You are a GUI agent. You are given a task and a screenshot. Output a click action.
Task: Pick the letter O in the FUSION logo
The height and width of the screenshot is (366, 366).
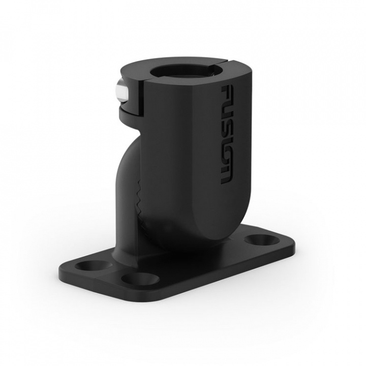[x=226, y=158]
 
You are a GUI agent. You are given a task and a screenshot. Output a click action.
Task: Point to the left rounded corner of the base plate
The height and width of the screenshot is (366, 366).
[x=64, y=269]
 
